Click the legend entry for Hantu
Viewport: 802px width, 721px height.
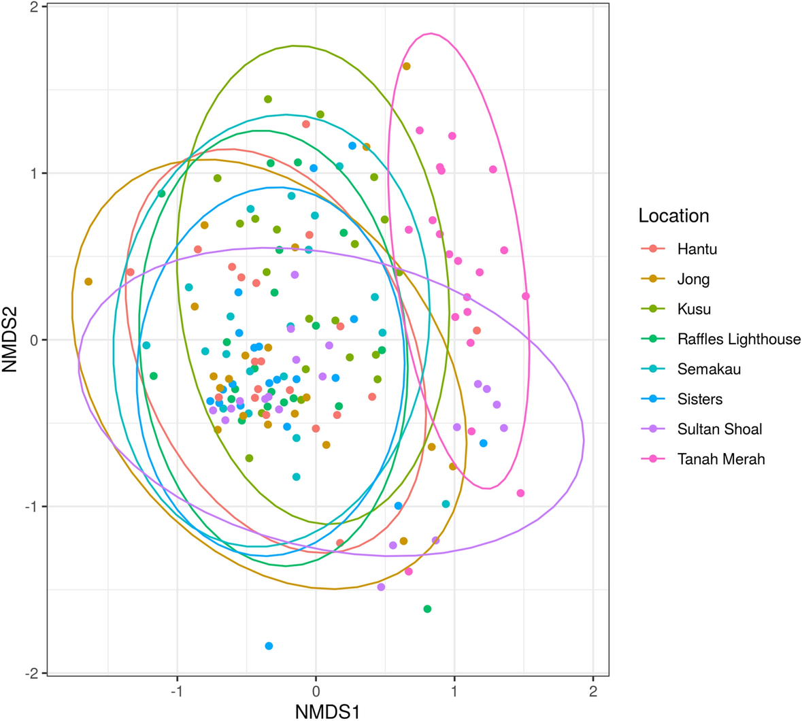(697, 249)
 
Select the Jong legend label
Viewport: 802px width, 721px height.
(693, 279)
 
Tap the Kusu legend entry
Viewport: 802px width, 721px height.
(694, 309)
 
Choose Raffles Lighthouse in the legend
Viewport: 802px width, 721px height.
(739, 339)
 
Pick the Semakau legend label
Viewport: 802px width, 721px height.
(709, 369)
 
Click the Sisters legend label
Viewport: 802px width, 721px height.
(699, 399)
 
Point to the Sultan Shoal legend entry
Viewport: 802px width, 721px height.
(719, 429)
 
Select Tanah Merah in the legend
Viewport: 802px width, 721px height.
(720, 459)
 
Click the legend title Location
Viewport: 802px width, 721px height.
(673, 216)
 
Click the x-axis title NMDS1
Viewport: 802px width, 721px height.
(327, 711)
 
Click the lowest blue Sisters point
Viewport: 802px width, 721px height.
(269, 645)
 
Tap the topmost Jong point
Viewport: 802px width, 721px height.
(406, 66)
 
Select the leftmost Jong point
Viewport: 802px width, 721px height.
(88, 282)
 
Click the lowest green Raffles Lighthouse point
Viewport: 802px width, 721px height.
(427, 609)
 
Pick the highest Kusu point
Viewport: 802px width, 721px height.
(268, 99)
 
